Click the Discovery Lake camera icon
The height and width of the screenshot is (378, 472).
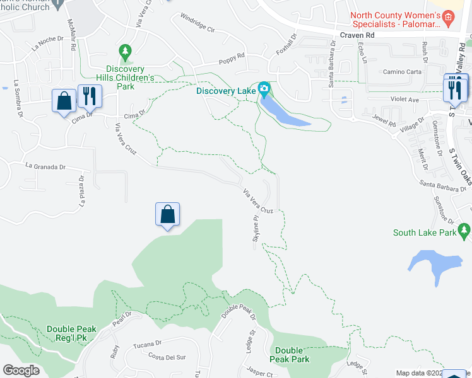pyautogui.click(x=264, y=88)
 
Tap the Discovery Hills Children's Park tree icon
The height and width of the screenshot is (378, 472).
pyautogui.click(x=125, y=50)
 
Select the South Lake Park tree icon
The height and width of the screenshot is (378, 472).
pyautogui.click(x=465, y=233)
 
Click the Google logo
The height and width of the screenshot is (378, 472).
pyautogui.click(x=21, y=370)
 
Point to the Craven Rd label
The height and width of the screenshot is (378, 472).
pyautogui.click(x=357, y=36)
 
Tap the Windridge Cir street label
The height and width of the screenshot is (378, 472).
pyautogui.click(x=198, y=23)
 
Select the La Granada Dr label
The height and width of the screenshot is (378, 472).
pyautogui.click(x=45, y=167)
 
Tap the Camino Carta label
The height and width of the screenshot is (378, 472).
pyautogui.click(x=402, y=72)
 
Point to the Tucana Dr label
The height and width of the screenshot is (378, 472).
pyautogui.click(x=148, y=346)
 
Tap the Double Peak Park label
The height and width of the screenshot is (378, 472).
pyautogui.click(x=292, y=355)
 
